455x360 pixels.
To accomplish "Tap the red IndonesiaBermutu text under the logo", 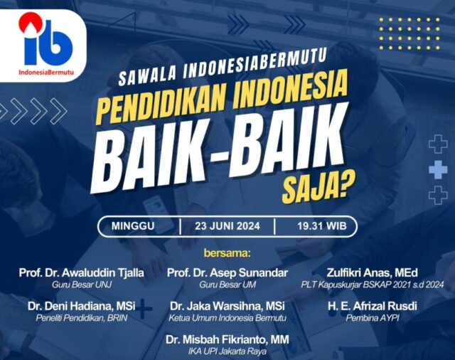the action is coord(46,72).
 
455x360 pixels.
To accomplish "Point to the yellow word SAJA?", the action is coord(316,188).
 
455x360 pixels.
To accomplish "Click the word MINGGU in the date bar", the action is coord(133,226).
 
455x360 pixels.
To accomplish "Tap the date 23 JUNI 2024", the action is coord(227,226).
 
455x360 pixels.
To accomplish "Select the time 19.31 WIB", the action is coord(322,226).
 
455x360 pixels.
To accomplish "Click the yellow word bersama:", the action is coord(227,253).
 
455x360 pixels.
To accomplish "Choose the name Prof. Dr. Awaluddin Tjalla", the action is coord(82,273).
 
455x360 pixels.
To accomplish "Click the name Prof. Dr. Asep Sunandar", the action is coord(227,273).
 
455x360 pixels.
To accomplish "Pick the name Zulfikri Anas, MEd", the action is coord(373,273).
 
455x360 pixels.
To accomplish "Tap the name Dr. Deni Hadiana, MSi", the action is coord(82,306).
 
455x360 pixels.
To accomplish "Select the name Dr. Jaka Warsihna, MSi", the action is coord(227,306).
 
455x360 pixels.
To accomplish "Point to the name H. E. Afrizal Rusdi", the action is coord(373,306).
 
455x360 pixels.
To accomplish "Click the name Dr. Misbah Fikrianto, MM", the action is coord(227,339).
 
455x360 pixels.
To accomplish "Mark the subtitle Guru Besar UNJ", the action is coord(82,285).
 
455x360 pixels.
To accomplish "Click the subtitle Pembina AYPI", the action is coord(373,318).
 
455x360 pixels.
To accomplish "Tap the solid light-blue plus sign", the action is coord(438,170).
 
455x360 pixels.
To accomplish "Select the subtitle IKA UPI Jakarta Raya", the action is coord(227,351).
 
